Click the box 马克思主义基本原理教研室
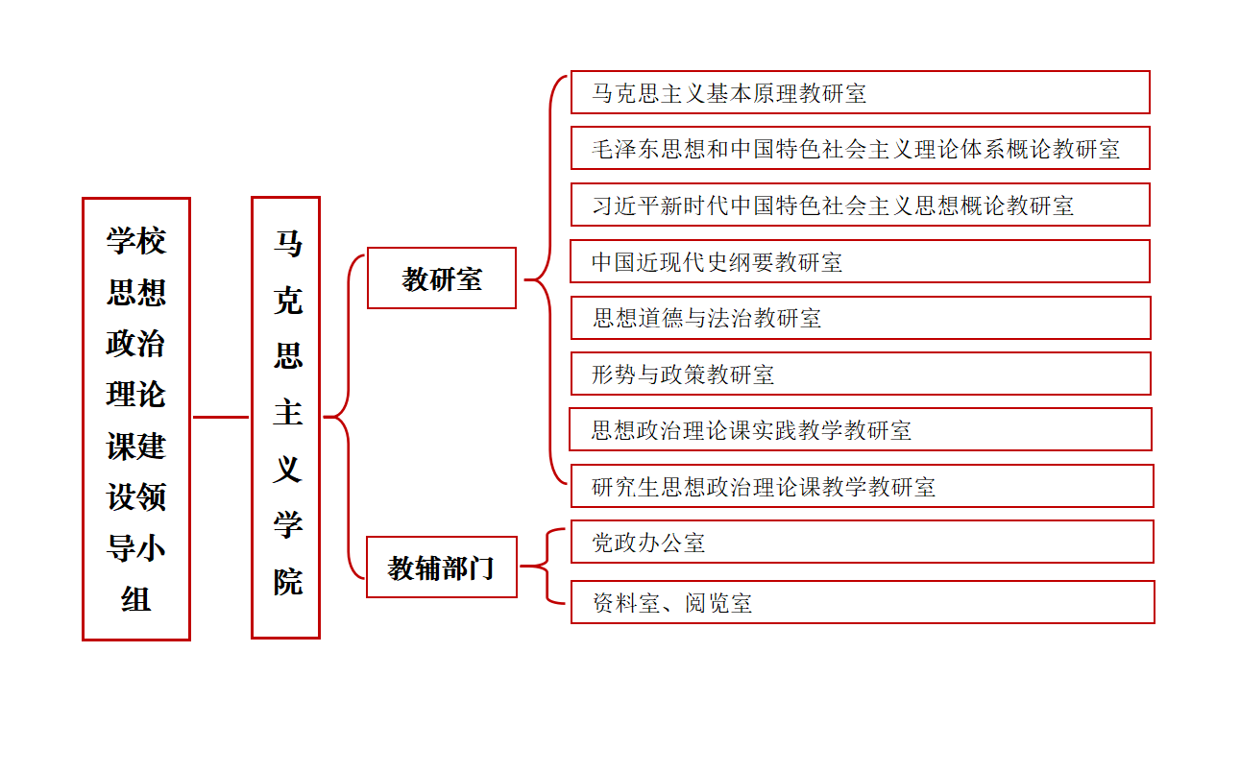[860, 92]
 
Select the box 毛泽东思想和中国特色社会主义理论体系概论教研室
[860, 148]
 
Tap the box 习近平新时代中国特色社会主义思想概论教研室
[860, 205]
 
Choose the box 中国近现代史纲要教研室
[860, 261]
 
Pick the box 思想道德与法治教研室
[860, 318]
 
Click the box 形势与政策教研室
[860, 374]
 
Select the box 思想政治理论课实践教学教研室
[860, 429]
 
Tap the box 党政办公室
[862, 542]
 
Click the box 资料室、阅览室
[862, 602]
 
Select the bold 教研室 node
[442, 278]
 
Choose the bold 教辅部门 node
[442, 568]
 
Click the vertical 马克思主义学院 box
[285, 418]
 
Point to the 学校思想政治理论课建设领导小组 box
[136, 419]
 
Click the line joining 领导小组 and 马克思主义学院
[221, 417]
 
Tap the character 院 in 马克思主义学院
[287, 581]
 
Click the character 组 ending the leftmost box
[136, 599]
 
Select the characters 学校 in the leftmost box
[136, 240]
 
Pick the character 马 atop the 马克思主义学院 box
[287, 244]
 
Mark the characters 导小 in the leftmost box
[136, 548]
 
